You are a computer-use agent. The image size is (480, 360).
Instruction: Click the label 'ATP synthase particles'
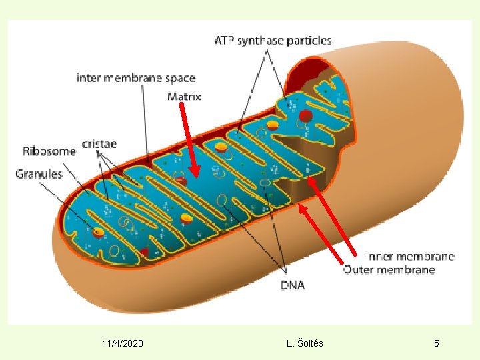pyautogui.click(x=273, y=41)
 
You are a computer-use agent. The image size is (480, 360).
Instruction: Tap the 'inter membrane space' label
pyautogui.click(x=136, y=78)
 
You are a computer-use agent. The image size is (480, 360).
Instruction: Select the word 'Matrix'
pyautogui.click(x=184, y=97)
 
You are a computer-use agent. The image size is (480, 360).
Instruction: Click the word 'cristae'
pyautogui.click(x=99, y=143)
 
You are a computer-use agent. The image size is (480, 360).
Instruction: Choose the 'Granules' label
pyautogui.click(x=39, y=174)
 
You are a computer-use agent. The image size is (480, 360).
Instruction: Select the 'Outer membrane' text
pyautogui.click(x=389, y=269)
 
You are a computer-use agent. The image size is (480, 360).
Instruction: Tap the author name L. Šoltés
pyautogui.click(x=305, y=343)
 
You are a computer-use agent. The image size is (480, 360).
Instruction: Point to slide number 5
pyautogui.click(x=437, y=343)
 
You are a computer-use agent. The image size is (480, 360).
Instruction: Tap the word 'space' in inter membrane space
pyautogui.click(x=179, y=78)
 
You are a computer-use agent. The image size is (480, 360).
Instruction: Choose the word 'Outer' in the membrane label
pyautogui.click(x=359, y=269)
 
